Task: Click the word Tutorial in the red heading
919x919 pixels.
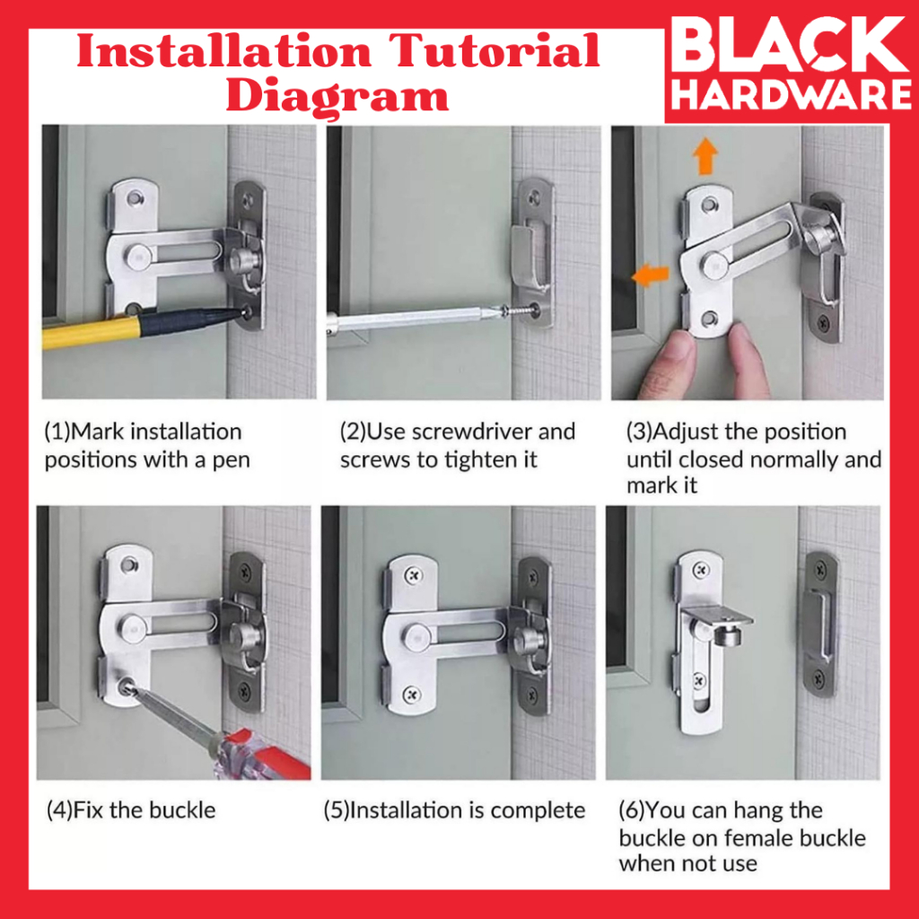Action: point(495,50)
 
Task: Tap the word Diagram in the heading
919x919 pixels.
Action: point(337,95)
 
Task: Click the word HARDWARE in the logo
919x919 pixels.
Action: point(792,94)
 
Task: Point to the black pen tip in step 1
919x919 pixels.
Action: point(241,313)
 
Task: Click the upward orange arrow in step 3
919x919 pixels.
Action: point(705,156)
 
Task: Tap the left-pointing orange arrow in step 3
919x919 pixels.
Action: point(650,275)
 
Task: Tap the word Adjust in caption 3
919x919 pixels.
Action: point(685,433)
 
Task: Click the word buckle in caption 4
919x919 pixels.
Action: point(182,810)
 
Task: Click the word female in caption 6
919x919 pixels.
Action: point(754,838)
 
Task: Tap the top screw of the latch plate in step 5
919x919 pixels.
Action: point(414,575)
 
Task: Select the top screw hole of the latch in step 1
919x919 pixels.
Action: point(136,198)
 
